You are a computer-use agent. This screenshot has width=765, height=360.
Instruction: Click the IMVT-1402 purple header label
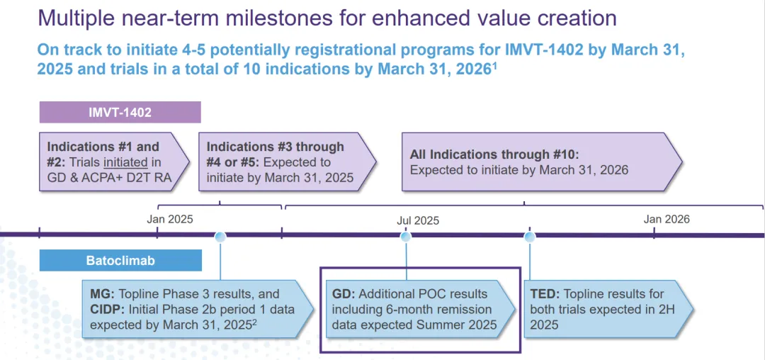pos(120,112)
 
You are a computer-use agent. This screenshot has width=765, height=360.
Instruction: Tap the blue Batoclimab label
pos(120,261)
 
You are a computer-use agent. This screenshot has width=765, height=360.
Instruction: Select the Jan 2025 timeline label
pos(170,219)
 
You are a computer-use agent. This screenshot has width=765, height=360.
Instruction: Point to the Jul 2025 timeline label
pos(418,220)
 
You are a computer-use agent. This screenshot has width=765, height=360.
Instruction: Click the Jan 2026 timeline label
pos(667,219)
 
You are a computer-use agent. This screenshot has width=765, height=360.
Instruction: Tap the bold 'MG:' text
pos(103,294)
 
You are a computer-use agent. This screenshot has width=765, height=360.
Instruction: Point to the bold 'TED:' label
pos(545,294)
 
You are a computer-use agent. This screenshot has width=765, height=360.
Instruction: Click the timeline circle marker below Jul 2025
pos(406,236)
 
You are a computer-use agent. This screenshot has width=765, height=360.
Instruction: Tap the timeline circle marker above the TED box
pos(530,236)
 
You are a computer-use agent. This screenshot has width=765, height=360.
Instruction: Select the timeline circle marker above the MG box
pos(220,236)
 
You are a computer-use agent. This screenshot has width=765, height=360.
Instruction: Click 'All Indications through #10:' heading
pos(494,154)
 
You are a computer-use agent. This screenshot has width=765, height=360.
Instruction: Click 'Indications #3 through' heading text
pos(275,147)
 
